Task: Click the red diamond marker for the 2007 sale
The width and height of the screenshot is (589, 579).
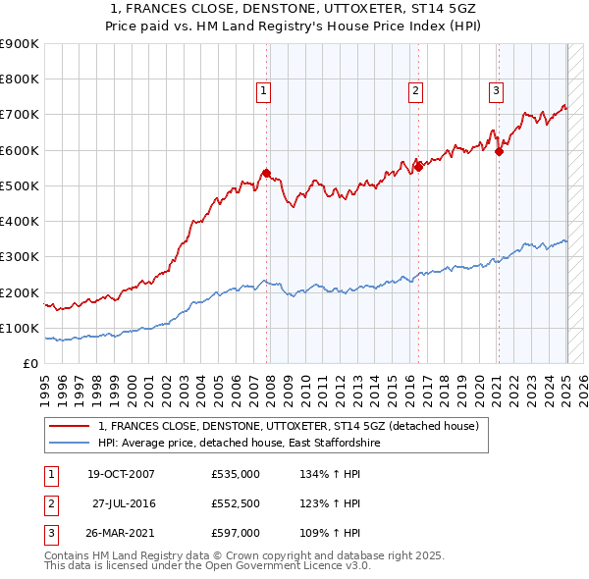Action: [266, 174]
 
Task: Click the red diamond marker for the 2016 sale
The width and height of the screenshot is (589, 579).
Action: [418, 167]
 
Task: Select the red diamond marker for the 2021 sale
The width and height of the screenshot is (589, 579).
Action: [500, 151]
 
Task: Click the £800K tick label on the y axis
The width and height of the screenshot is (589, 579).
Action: [20, 79]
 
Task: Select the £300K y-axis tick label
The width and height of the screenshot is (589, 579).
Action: [20, 257]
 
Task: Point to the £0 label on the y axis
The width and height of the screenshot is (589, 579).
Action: [30, 364]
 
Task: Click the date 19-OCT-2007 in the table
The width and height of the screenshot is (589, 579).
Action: [122, 474]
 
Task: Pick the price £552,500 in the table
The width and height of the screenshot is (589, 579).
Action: [236, 503]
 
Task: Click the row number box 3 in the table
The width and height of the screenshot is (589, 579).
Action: [49, 533]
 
